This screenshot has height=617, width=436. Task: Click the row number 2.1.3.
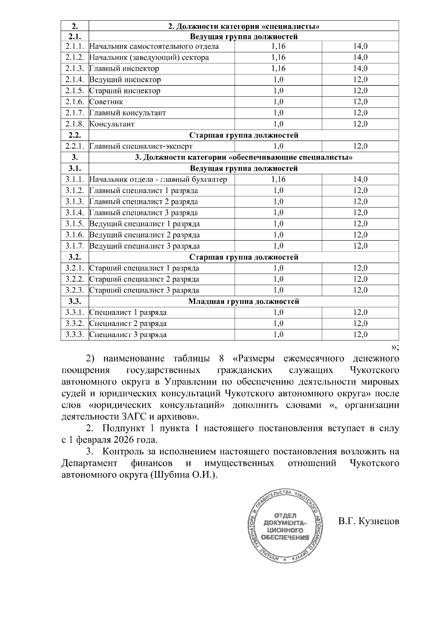click(x=75, y=69)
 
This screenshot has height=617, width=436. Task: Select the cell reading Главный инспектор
click(x=124, y=69)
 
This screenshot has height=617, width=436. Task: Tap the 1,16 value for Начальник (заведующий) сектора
click(x=278, y=57)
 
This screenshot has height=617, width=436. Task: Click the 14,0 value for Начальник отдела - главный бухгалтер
click(x=360, y=179)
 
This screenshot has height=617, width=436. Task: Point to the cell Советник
click(x=106, y=102)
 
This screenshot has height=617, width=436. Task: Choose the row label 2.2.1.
click(x=75, y=146)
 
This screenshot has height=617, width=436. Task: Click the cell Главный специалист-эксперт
click(x=141, y=146)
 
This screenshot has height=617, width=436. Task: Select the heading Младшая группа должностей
click(x=244, y=301)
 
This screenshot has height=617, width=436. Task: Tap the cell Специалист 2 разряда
click(x=128, y=323)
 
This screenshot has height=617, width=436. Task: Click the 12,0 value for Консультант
click(x=360, y=124)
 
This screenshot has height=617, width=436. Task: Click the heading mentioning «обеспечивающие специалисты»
click(x=244, y=157)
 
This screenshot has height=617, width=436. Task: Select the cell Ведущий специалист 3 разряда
click(x=145, y=246)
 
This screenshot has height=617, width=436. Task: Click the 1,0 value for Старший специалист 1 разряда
click(x=278, y=268)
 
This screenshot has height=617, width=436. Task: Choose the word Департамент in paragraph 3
click(x=89, y=463)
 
